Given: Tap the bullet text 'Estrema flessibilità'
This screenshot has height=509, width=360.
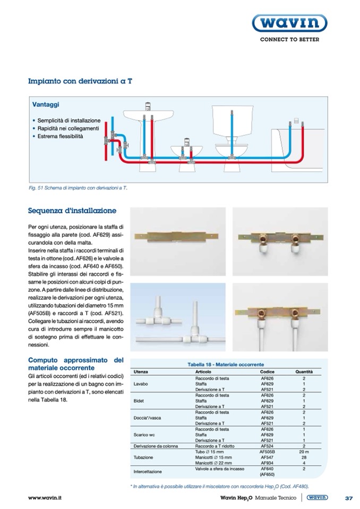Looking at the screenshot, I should click(61, 136).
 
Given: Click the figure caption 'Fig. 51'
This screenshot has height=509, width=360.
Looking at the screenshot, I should click(79, 188).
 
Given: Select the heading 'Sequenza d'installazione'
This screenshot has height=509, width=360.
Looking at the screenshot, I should click(72, 211).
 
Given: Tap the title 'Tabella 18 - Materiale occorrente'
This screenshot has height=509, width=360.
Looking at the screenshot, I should click(226, 365).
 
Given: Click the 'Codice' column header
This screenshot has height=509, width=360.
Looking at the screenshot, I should click(267, 372).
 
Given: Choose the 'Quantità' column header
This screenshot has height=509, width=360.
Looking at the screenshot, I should click(304, 372).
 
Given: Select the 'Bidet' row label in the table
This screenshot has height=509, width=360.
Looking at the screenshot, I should click(140, 400).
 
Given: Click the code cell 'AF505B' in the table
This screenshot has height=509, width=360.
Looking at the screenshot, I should click(267, 451).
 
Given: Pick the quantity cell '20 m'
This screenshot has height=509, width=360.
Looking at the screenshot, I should click(304, 451).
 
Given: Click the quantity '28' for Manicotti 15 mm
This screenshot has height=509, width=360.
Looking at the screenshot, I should click(304, 456).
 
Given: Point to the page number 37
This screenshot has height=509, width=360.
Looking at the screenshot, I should click(349, 498).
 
